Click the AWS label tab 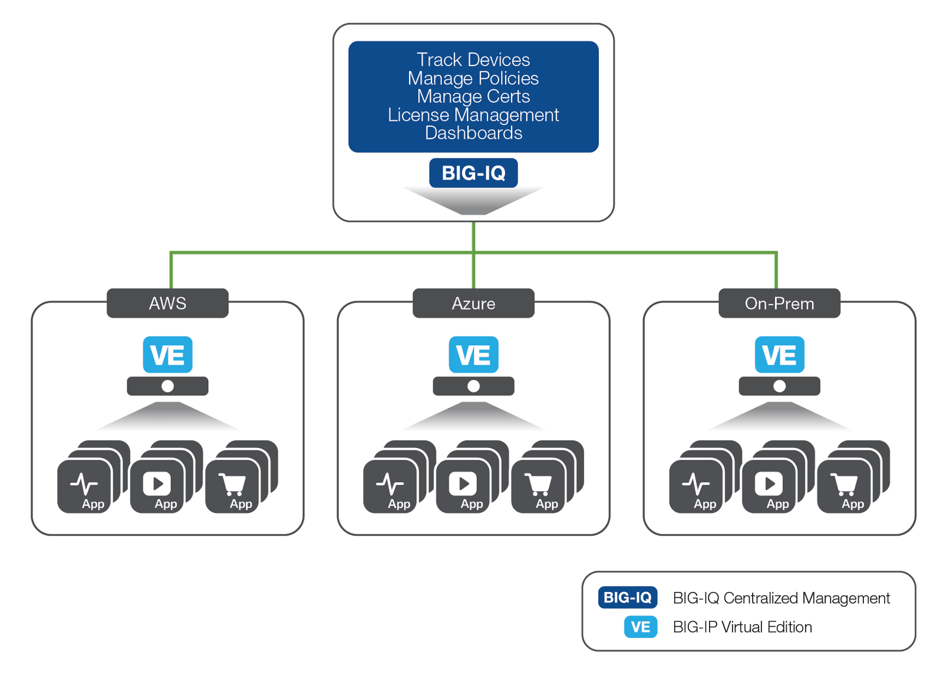(x=167, y=303)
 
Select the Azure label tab (x=473, y=303)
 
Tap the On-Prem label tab (x=779, y=303)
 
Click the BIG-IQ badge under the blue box (x=473, y=173)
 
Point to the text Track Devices (x=473, y=60)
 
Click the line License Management (x=473, y=115)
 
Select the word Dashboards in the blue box (x=473, y=133)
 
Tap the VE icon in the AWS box (x=167, y=355)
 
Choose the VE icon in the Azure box (x=473, y=355)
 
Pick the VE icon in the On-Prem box (x=779, y=355)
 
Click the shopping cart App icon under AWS (x=233, y=486)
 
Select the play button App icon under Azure (x=463, y=486)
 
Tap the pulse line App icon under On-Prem (x=696, y=486)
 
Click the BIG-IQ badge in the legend (x=627, y=597)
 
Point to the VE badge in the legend (x=641, y=627)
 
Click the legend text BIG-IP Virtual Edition (x=742, y=627)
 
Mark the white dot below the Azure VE (x=473, y=386)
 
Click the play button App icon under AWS (x=157, y=486)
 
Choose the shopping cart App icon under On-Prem (x=845, y=486)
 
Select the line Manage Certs (x=473, y=97)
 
